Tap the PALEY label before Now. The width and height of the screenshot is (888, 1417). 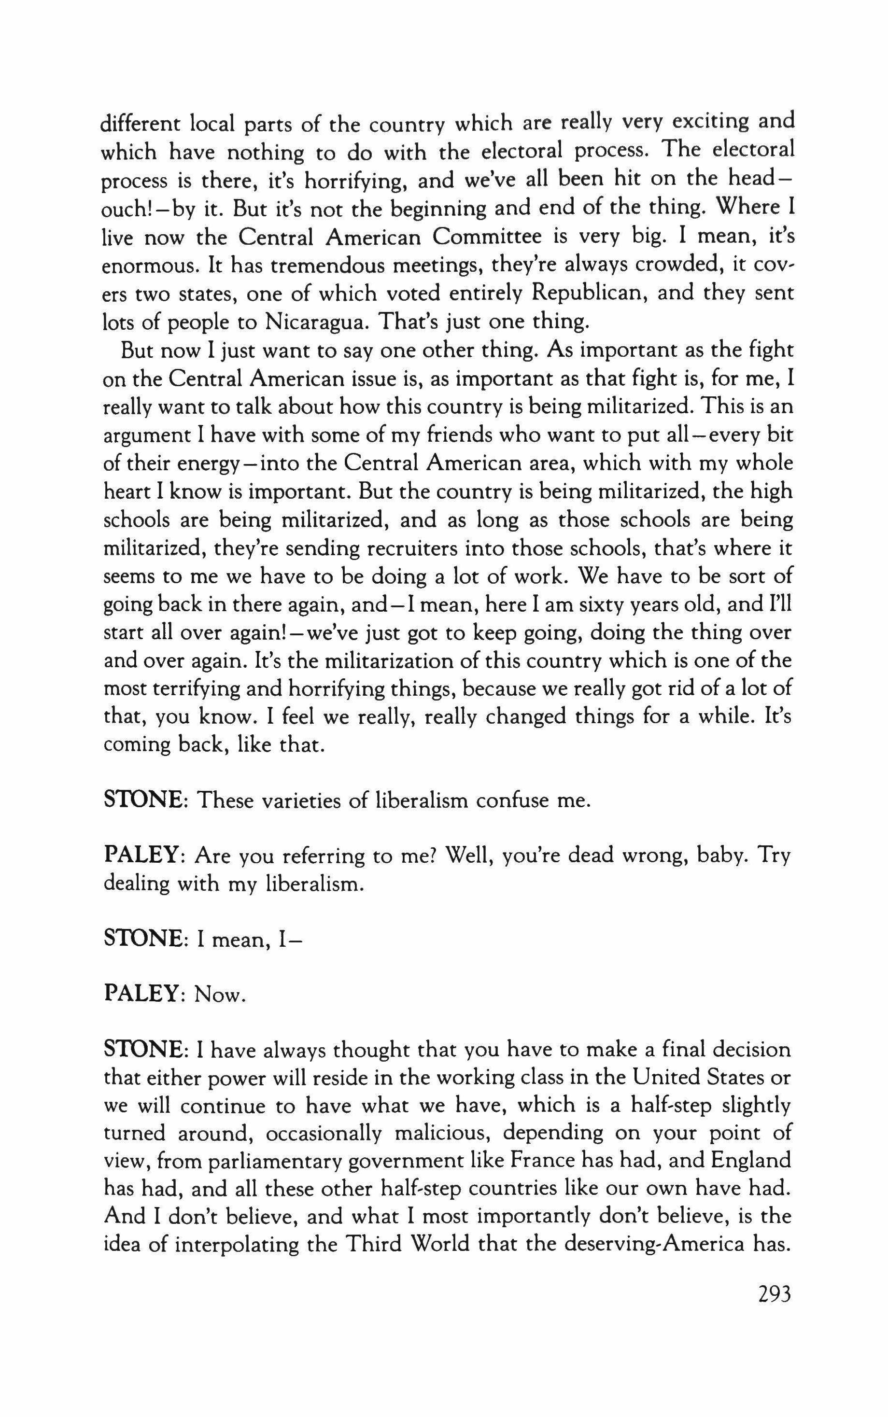tap(141, 994)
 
